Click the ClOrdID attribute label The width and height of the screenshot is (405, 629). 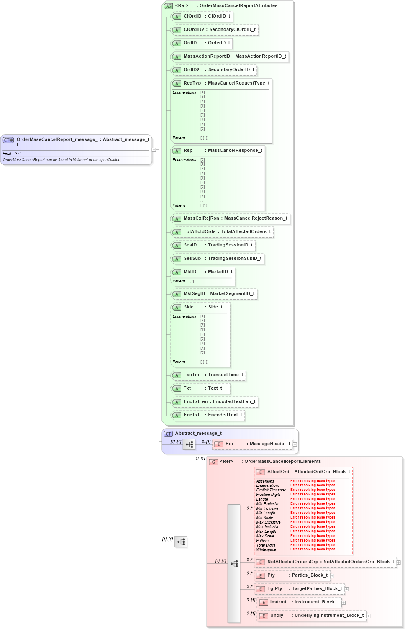click(x=192, y=16)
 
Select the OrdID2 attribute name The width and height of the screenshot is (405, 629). click(x=191, y=70)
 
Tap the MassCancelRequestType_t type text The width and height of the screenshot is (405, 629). click(x=238, y=83)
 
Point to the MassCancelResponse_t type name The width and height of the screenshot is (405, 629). click(x=235, y=151)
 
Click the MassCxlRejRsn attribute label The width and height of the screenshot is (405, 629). click(x=201, y=218)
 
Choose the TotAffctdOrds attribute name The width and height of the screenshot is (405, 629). click(x=200, y=232)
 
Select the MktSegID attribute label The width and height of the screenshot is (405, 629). click(x=194, y=294)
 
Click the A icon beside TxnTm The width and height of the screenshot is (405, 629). click(x=177, y=375)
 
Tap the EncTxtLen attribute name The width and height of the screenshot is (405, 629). click(x=195, y=402)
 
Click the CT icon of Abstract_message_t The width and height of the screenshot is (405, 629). click(x=168, y=434)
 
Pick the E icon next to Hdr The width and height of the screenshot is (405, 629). click(x=219, y=444)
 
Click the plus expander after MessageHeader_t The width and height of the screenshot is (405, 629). click(x=295, y=444)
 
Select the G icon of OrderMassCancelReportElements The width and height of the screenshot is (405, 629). click(x=213, y=462)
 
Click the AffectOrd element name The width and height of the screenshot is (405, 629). click(x=278, y=472)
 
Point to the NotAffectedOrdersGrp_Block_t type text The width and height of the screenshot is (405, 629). click(x=359, y=562)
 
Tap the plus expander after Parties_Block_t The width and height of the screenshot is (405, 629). click(x=332, y=576)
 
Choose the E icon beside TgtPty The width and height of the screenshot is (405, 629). click(x=261, y=589)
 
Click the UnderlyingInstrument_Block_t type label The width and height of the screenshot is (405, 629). click(x=329, y=616)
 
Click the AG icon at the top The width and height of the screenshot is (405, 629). click(x=169, y=6)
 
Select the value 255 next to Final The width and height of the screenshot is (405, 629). click(x=18, y=154)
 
